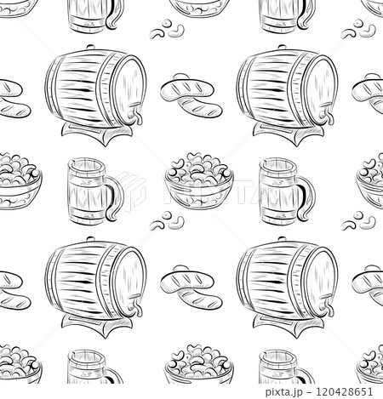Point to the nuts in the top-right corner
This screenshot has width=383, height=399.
358,31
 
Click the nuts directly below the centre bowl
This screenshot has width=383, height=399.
166,223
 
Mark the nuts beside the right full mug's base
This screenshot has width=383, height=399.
358,223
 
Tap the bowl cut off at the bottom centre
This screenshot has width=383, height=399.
198,370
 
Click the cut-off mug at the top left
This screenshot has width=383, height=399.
94,15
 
